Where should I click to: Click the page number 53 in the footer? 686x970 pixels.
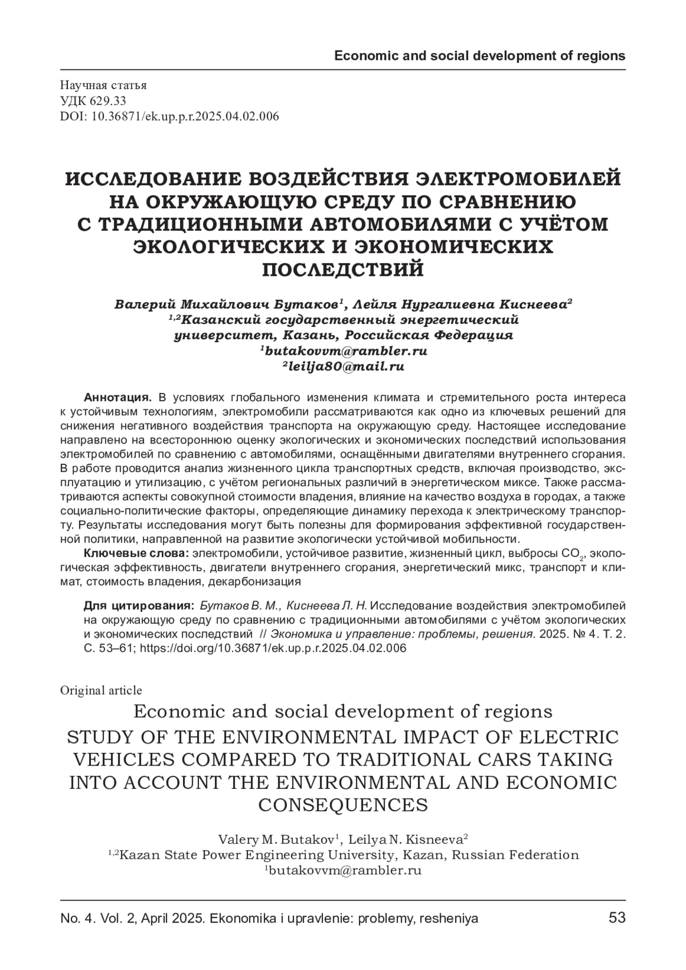[617, 918]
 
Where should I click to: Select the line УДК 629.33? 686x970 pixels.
[93, 101]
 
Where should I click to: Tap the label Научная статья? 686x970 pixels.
[103, 86]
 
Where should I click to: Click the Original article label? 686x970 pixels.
[101, 690]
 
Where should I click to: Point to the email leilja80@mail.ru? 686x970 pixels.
[344, 367]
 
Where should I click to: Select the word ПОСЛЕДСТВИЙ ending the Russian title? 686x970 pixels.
[343, 268]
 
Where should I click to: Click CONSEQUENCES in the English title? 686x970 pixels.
[343, 805]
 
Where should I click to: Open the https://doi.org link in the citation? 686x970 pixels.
[273, 648]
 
